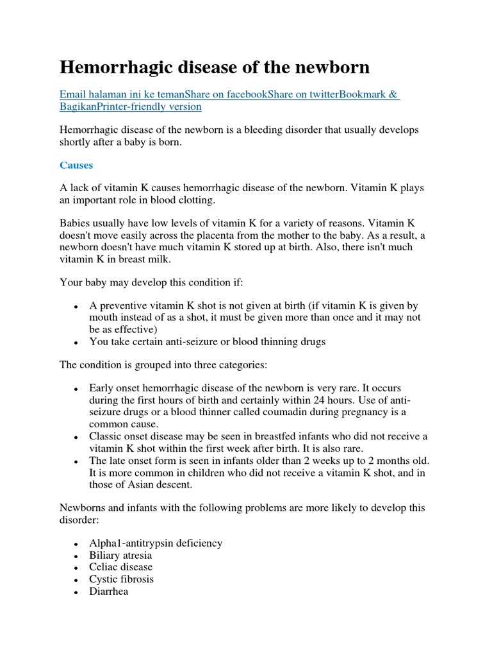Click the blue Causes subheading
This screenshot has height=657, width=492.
point(76,165)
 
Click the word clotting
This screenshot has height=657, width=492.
point(197,200)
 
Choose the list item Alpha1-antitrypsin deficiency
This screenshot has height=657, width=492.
point(156,543)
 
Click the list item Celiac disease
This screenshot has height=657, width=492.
point(120,567)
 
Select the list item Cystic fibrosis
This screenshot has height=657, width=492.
point(121,579)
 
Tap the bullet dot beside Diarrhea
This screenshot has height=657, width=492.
point(76,592)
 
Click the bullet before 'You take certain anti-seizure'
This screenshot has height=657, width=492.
point(76,343)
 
